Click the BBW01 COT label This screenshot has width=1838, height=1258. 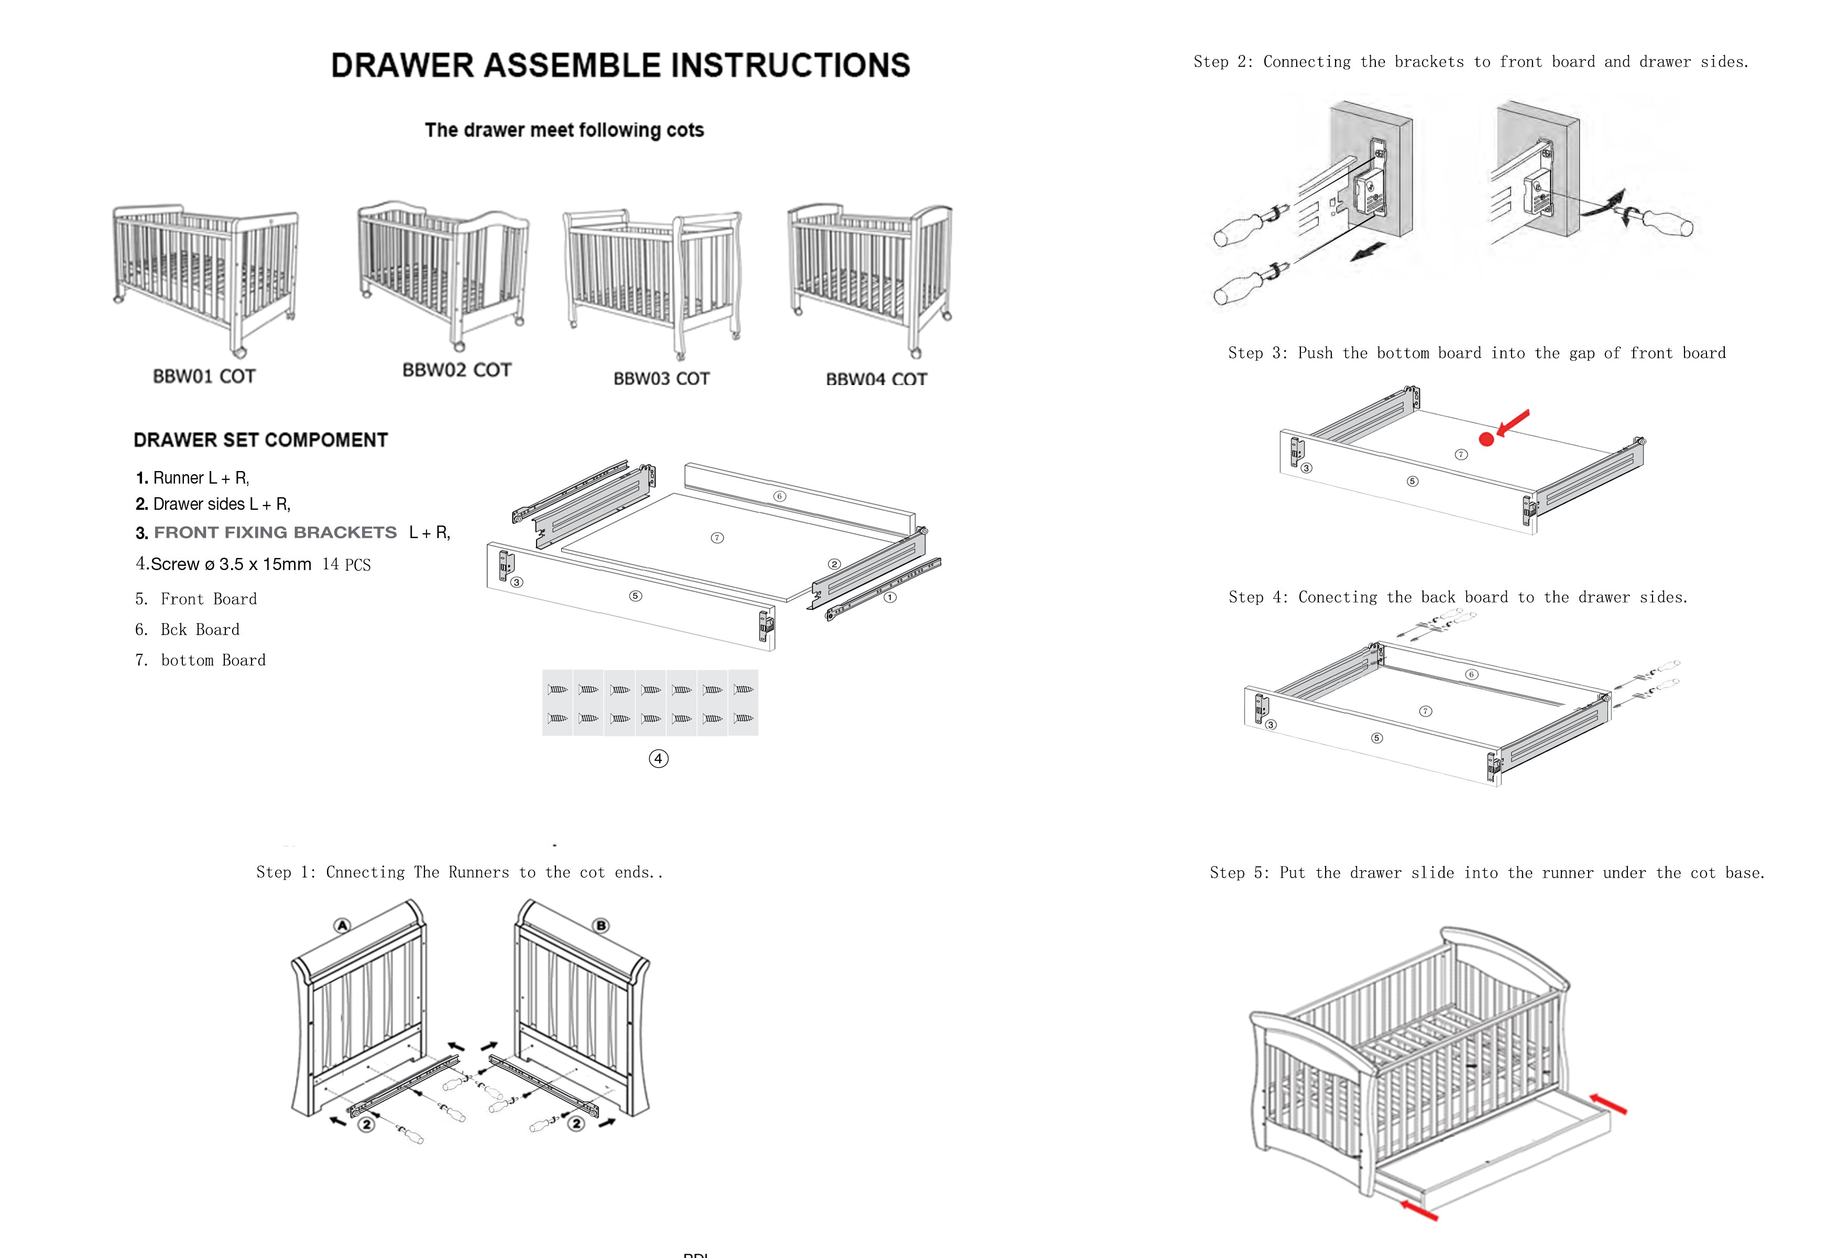coord(204,376)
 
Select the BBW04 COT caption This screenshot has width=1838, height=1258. coord(876,379)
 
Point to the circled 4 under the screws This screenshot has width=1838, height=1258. coord(658,759)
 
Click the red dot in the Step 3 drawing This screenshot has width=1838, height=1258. coord(1486,440)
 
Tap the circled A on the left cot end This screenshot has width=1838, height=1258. coord(342,925)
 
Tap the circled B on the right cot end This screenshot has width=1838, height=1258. coord(601,925)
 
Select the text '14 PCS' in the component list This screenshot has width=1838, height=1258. coord(346,565)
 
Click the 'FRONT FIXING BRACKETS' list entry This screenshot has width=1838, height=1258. coord(275,532)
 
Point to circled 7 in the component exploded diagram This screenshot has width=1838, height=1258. coord(717,538)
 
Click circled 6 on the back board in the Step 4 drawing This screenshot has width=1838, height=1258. coord(1471,674)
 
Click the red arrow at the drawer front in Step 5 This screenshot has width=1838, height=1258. coord(1419,1210)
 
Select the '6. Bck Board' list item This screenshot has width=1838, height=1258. coord(188,629)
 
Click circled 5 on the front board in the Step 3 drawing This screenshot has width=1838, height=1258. coord(1413,481)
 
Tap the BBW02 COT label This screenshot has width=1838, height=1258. coord(456,370)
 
